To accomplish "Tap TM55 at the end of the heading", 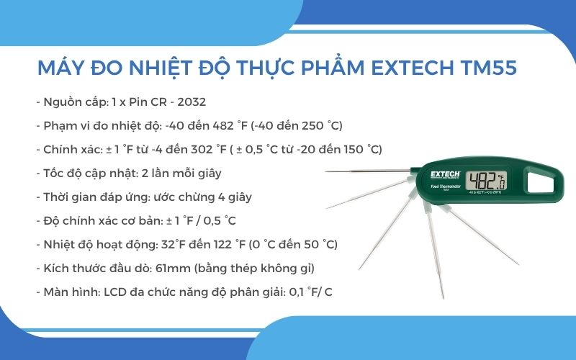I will click(x=488, y=69).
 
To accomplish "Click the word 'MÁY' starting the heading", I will click(x=57, y=69).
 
